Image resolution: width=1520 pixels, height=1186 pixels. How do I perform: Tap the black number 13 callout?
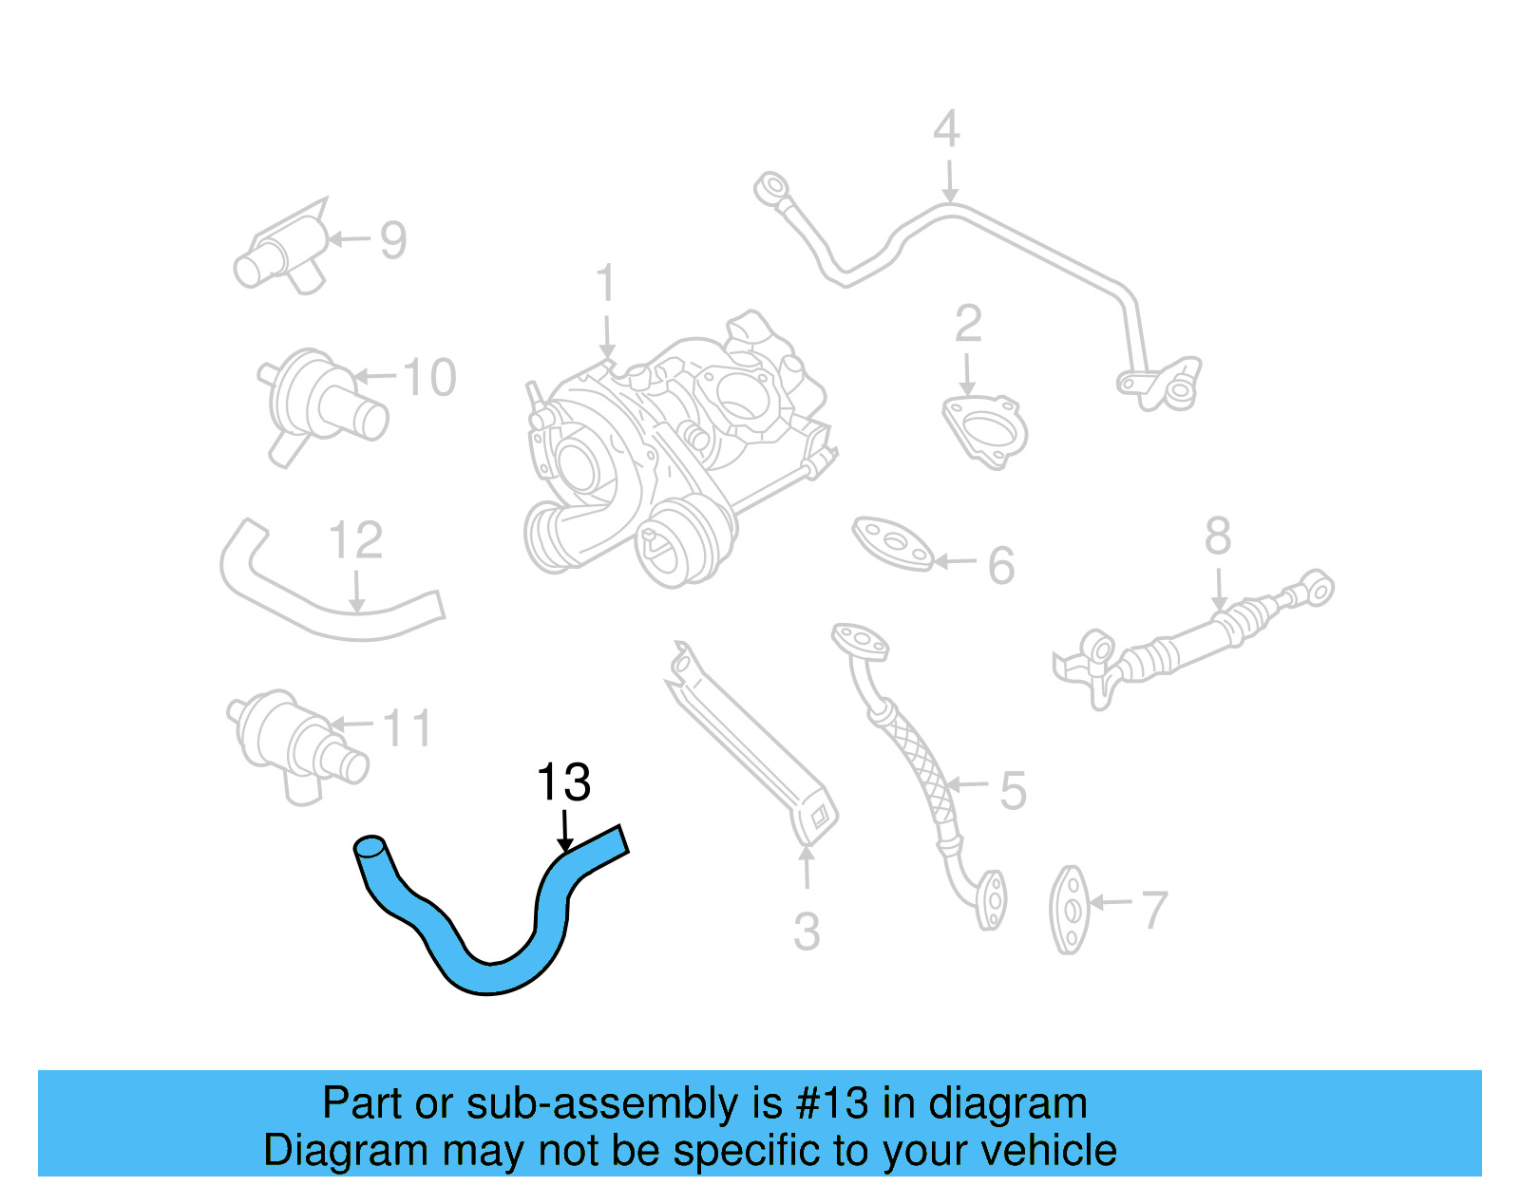[563, 783]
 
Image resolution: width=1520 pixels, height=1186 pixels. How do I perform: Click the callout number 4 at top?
[947, 129]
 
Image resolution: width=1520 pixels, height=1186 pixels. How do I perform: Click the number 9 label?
[393, 240]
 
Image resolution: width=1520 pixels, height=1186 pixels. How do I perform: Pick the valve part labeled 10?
[318, 404]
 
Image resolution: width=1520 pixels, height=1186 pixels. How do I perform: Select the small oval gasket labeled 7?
[1071, 910]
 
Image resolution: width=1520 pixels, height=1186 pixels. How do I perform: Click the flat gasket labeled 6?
[893, 543]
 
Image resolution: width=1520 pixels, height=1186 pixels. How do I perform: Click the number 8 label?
[1218, 537]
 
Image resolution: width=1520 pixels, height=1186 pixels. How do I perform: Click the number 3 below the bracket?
[807, 932]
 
